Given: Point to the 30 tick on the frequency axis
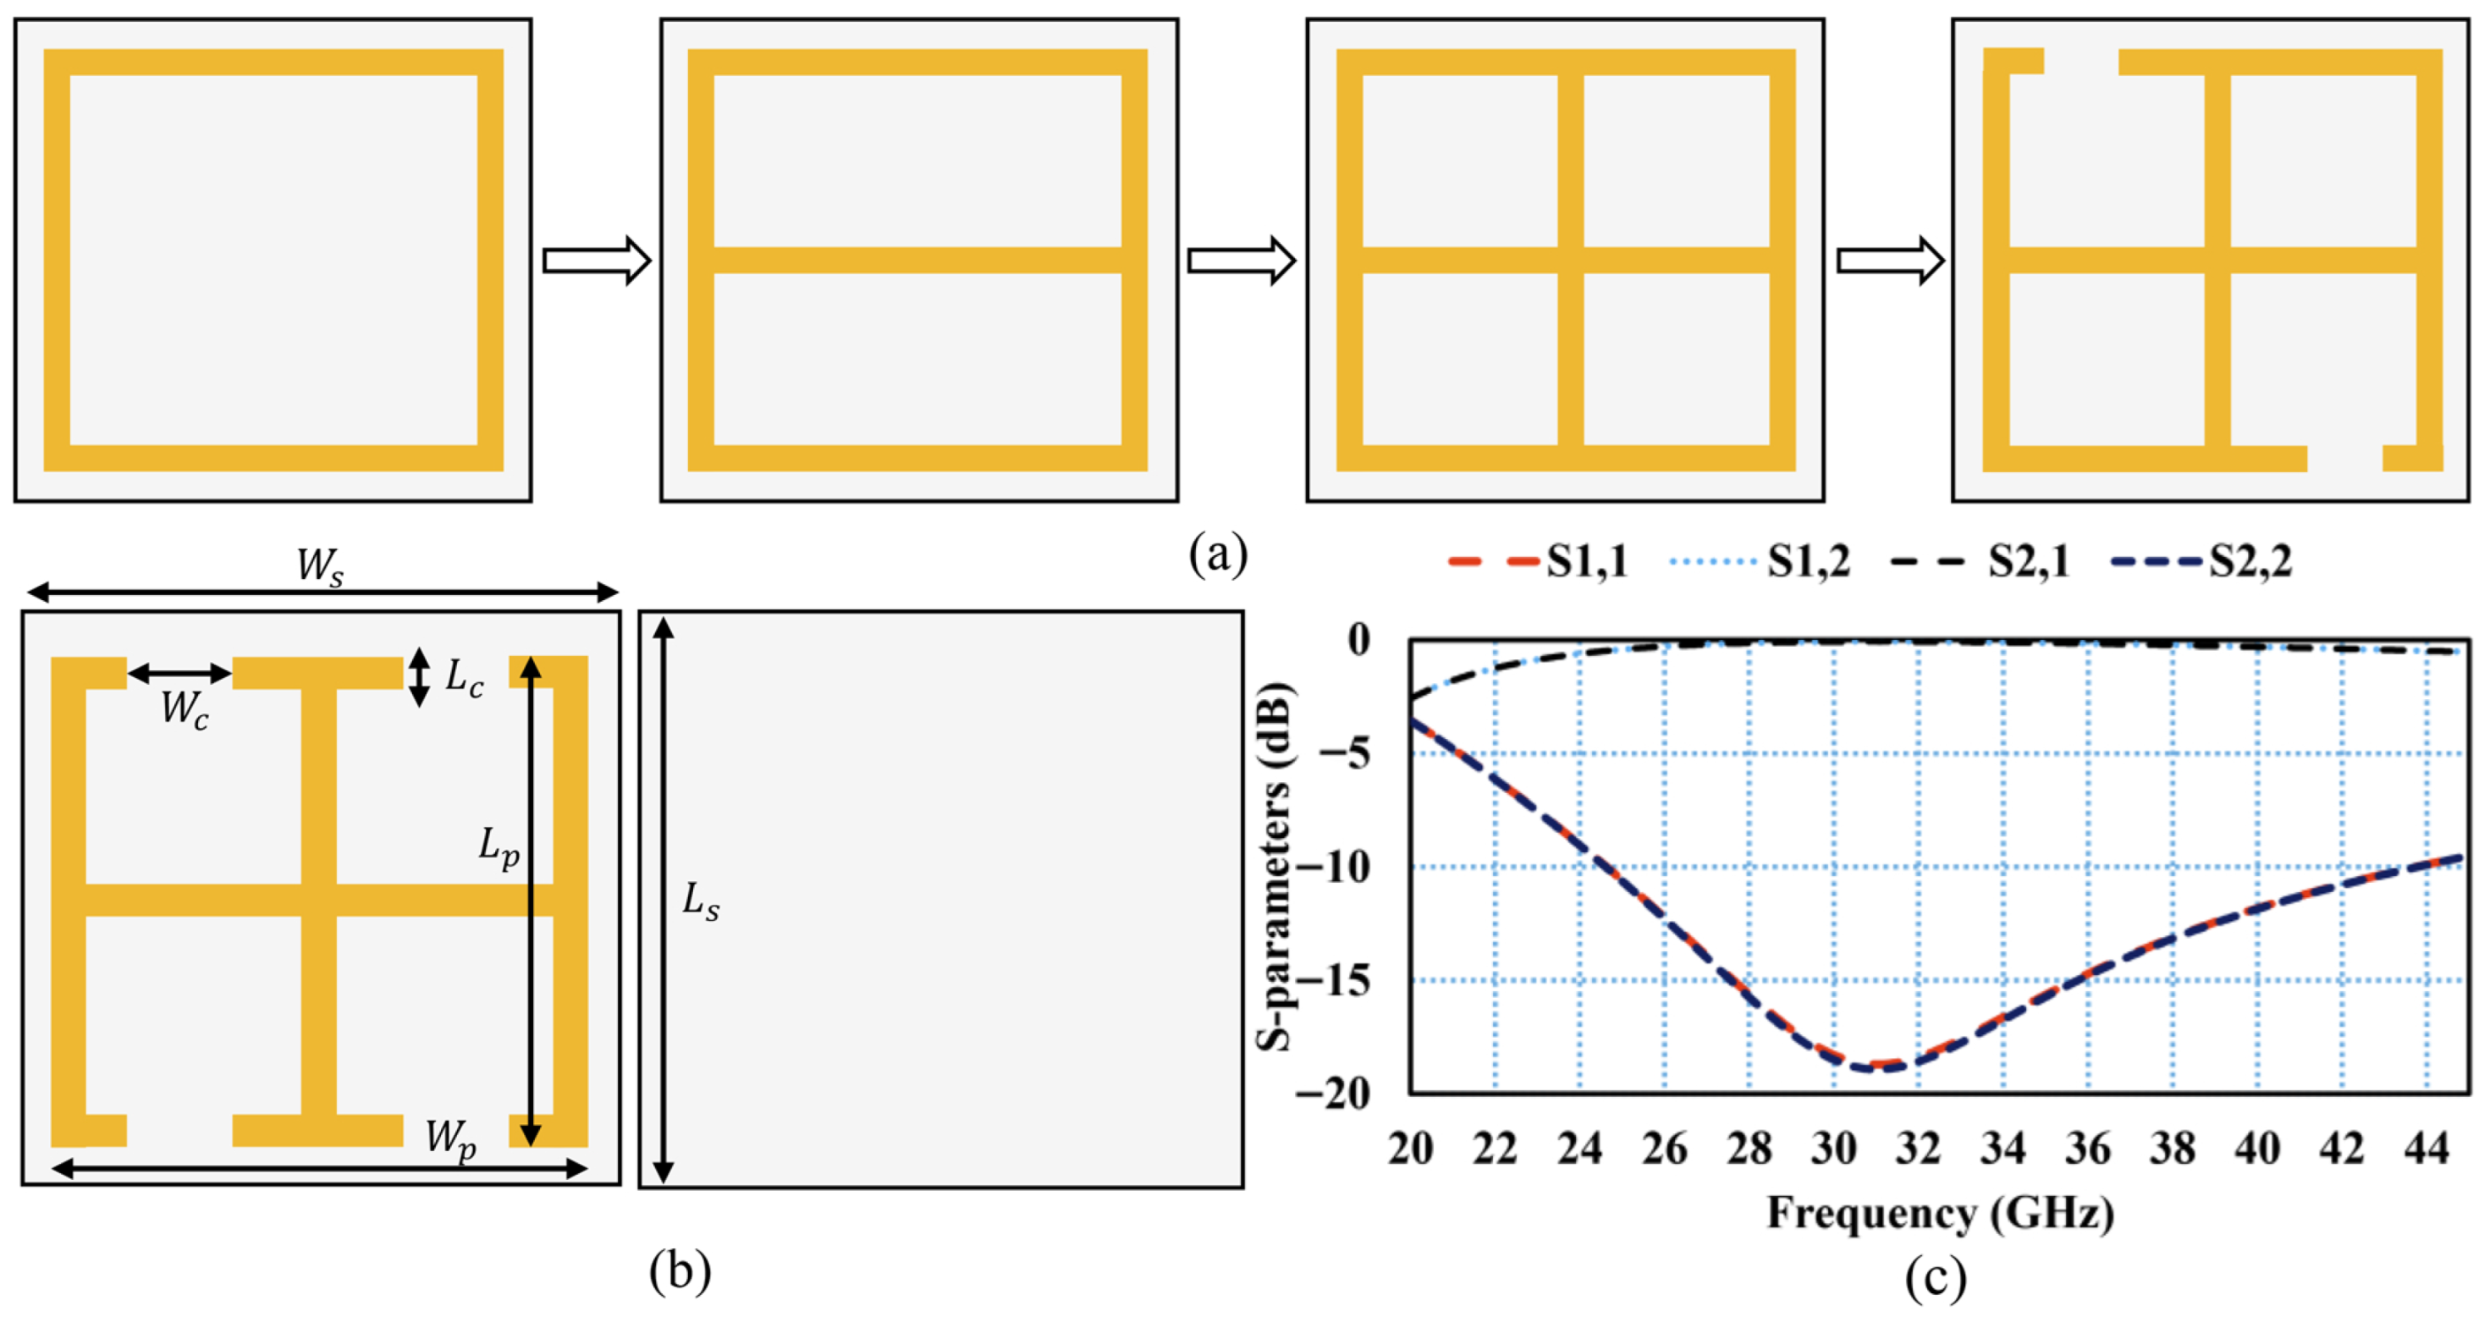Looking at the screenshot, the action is click(1833, 1149).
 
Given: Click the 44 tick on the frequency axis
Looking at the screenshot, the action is click(2426, 1149).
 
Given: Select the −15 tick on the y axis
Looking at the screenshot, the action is click(1336, 982).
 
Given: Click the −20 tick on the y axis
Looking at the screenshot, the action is click(1336, 1094).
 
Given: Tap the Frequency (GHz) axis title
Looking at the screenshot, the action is click(1940, 1213).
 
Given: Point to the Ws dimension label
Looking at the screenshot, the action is click(319, 566).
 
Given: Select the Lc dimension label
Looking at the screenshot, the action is click(464, 679).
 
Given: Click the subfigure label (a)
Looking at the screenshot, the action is click(1218, 554).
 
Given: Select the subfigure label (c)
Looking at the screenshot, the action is click(1936, 1277).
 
